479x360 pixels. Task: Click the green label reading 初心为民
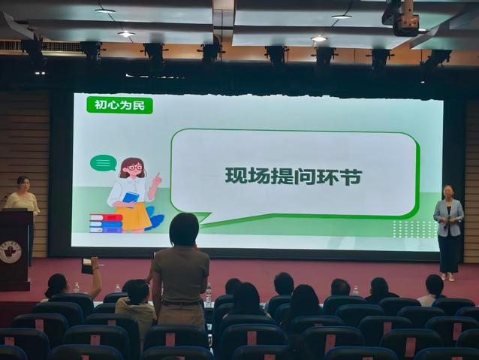[119, 105]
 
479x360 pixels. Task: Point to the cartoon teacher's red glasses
[134, 168]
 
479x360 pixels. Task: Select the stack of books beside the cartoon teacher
[106, 223]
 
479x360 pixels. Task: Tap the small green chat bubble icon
[104, 163]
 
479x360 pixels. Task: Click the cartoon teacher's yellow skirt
[133, 216]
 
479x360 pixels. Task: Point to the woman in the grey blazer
[448, 232]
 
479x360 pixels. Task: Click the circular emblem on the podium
[11, 252]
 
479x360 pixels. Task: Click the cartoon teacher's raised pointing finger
[158, 176]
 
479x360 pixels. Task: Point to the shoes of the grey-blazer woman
[447, 277]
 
